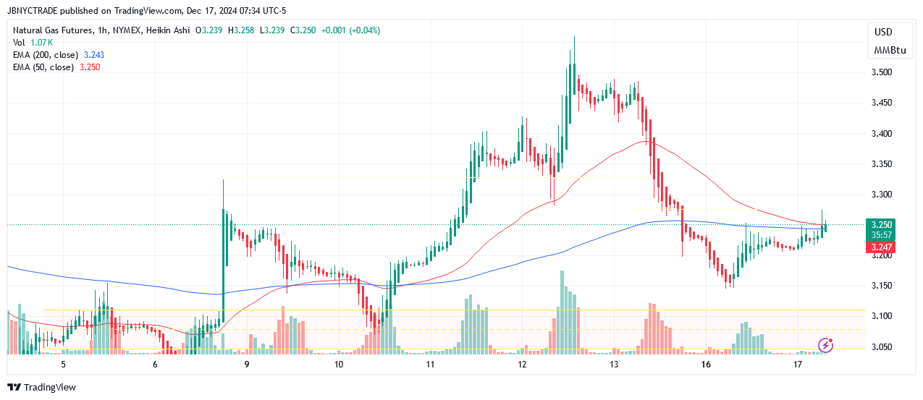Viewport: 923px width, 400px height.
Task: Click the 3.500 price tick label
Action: click(x=881, y=72)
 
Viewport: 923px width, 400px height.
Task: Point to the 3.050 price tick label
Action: click(x=881, y=346)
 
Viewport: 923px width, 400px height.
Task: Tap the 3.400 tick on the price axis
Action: click(x=881, y=134)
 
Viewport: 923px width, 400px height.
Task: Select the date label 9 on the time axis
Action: click(x=247, y=365)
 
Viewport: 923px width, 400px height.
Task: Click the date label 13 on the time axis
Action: click(x=614, y=365)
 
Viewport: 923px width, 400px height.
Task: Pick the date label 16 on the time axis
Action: click(x=706, y=365)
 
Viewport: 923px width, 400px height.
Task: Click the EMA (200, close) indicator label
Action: click(x=43, y=55)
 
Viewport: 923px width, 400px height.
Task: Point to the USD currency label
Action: click(x=883, y=32)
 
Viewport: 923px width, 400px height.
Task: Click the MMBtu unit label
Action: click(x=890, y=51)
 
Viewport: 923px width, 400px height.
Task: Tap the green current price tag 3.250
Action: click(x=882, y=224)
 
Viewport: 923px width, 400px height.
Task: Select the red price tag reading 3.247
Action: click(x=882, y=247)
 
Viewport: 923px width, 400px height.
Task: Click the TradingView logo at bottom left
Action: click(x=41, y=387)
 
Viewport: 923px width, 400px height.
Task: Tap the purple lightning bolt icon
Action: click(x=825, y=346)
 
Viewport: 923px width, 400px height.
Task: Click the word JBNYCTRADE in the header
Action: click(x=35, y=10)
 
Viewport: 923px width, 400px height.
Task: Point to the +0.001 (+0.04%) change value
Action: click(x=349, y=30)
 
